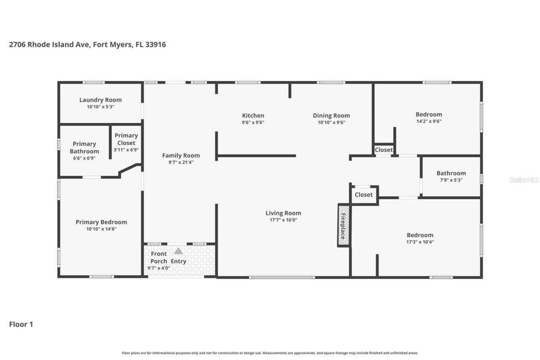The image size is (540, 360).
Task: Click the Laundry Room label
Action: click(100, 100)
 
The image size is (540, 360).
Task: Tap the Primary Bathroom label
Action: click(84, 148)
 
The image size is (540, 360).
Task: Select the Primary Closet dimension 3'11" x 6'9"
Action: click(126, 149)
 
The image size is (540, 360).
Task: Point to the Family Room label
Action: click(181, 155)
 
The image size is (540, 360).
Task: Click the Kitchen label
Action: click(253, 116)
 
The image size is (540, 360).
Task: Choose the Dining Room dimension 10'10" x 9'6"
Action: click(331, 122)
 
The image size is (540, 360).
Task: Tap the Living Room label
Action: click(283, 213)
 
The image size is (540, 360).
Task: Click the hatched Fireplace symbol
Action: click(343, 225)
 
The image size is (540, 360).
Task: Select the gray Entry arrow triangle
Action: click(178, 251)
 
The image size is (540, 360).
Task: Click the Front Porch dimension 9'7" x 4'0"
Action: click(159, 268)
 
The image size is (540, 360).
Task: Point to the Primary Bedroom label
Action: click(101, 222)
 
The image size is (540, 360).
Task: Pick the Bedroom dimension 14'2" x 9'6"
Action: click(429, 121)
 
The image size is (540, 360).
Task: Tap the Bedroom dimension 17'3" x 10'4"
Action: click(420, 242)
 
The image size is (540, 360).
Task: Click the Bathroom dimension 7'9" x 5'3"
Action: click(451, 180)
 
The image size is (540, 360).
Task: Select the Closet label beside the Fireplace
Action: click(364, 195)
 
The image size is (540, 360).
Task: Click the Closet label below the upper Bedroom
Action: click(384, 150)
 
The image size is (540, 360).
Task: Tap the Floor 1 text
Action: click(21, 324)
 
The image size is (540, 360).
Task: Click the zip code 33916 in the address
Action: click(156, 44)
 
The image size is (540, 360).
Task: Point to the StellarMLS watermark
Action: click(524, 180)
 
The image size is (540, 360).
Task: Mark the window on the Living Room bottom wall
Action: click(282, 277)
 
